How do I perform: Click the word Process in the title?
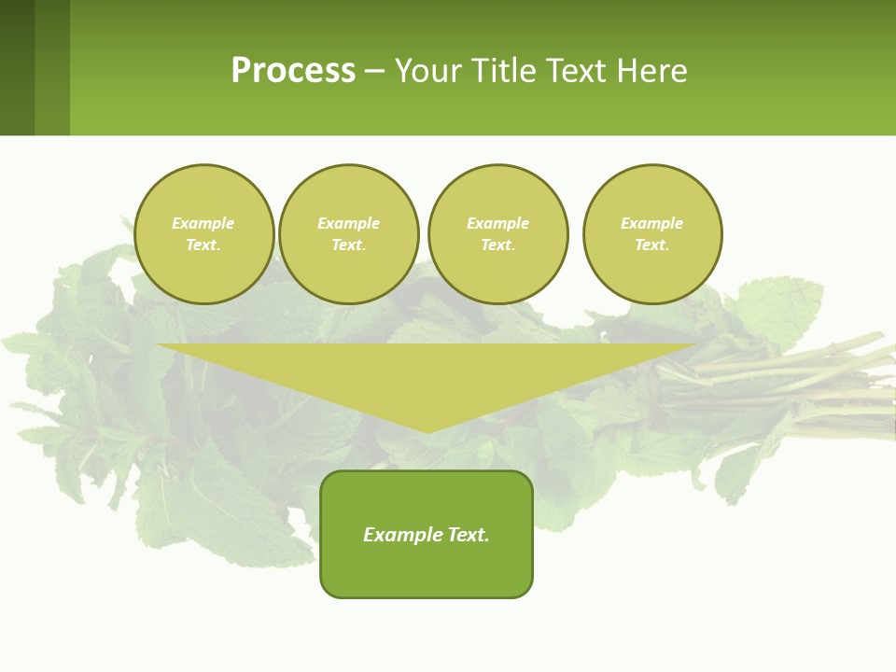293,71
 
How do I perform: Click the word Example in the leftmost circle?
203,223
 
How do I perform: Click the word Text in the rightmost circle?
651,245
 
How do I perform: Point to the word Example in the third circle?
497,223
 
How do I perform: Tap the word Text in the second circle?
347,245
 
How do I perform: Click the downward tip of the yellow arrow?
427,428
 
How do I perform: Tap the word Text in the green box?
468,535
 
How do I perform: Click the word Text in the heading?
576,71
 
